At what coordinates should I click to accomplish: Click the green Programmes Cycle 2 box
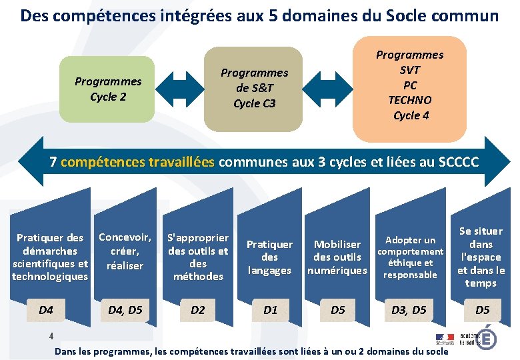pos(107,89)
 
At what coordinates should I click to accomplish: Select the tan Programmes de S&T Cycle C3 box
pos(254,88)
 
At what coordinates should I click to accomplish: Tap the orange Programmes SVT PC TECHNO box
pos(410,85)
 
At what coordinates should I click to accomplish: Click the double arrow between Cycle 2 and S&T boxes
pos(178,87)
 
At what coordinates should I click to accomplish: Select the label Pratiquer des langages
pos(269,257)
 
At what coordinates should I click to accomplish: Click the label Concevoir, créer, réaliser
pos(125,251)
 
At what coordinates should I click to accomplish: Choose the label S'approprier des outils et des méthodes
pos(198,257)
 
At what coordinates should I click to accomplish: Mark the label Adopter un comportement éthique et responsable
pos(410,257)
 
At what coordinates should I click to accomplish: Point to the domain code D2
pos(198,310)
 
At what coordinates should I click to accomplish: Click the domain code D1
pos(270,310)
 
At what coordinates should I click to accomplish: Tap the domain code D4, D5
pos(125,310)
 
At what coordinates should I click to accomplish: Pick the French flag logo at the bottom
pos(445,339)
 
